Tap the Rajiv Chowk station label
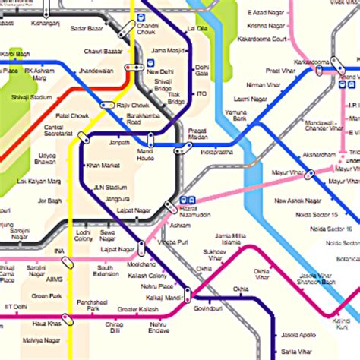133,105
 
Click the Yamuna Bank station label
235,116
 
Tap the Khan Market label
103,165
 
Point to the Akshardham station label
318,155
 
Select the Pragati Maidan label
197,134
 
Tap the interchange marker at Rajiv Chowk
107,105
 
